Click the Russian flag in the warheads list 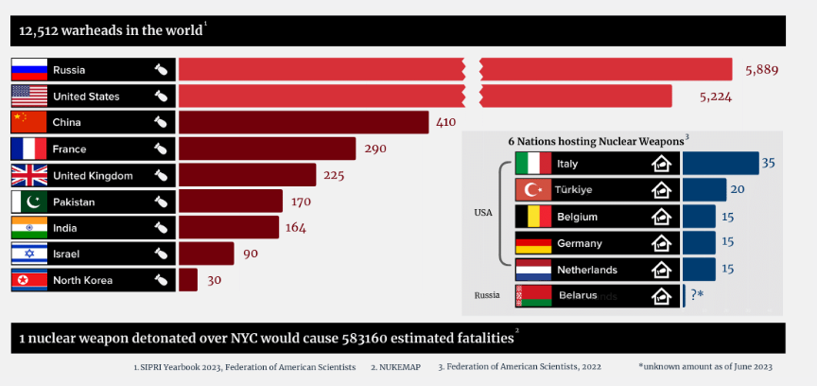[29, 69]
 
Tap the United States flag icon [29, 96]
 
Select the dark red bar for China [304, 122]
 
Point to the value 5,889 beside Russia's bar [764, 69]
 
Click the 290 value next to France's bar [375, 149]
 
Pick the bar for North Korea [188, 280]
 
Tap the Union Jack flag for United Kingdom [29, 175]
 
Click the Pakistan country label [74, 202]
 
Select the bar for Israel [206, 254]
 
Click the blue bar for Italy [721, 163]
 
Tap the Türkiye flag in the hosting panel [532, 189]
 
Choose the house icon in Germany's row [663, 242]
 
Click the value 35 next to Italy [769, 163]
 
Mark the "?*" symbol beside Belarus [697, 295]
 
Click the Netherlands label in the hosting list [587, 270]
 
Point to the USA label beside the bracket [483, 213]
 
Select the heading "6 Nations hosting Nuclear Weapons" [595, 140]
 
